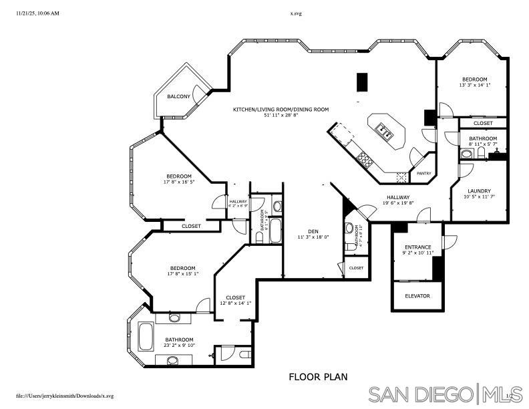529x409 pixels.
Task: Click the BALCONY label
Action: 178,97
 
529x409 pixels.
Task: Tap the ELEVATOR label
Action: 417,295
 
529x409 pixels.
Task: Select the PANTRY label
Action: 424,174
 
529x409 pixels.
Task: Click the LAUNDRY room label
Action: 479,190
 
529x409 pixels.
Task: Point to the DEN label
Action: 313,231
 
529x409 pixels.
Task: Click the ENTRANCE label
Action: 418,247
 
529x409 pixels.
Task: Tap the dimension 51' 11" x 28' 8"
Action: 281,115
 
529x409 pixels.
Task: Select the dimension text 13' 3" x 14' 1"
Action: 474,85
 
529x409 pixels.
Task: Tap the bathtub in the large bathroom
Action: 146,336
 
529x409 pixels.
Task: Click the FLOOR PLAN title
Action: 317,377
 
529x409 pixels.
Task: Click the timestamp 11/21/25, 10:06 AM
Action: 37,13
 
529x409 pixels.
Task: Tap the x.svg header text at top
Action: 296,13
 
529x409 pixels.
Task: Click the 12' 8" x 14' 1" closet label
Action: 235,303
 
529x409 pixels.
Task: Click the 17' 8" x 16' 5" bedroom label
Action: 178,182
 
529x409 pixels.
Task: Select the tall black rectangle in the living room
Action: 362,82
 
